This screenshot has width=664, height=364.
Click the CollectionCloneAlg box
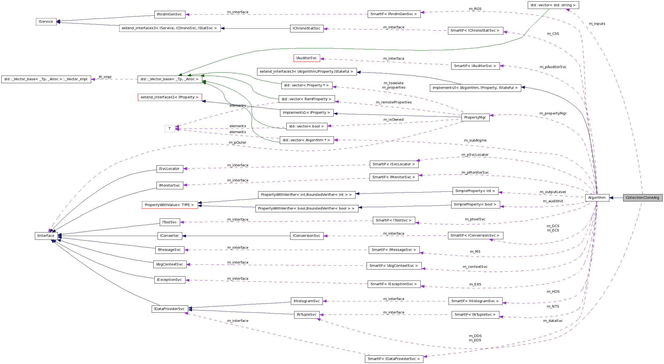click(642, 198)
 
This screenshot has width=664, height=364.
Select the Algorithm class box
click(597, 198)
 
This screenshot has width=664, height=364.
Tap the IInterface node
click(46, 236)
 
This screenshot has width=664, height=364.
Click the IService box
click(46, 22)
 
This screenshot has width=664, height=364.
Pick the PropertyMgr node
click(475, 117)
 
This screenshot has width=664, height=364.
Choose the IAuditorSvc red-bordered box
click(307, 58)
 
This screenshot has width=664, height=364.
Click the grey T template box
click(170, 129)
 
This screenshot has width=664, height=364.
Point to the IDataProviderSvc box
click(169, 309)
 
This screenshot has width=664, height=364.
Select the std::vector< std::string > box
click(553, 5)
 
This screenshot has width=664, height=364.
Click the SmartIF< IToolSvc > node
click(393, 220)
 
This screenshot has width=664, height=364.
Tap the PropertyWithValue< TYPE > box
click(170, 205)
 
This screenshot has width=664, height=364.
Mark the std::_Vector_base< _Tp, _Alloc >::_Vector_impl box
click(46, 79)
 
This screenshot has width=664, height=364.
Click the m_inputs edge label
click(597, 24)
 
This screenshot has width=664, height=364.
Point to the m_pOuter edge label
click(237, 143)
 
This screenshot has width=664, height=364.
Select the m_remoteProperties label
click(394, 102)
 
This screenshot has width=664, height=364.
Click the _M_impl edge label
click(105, 77)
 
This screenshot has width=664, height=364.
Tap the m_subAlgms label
click(475, 140)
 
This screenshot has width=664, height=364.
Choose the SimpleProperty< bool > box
click(475, 204)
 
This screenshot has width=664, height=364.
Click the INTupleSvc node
click(307, 315)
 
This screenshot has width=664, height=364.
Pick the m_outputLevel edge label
click(553, 192)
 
